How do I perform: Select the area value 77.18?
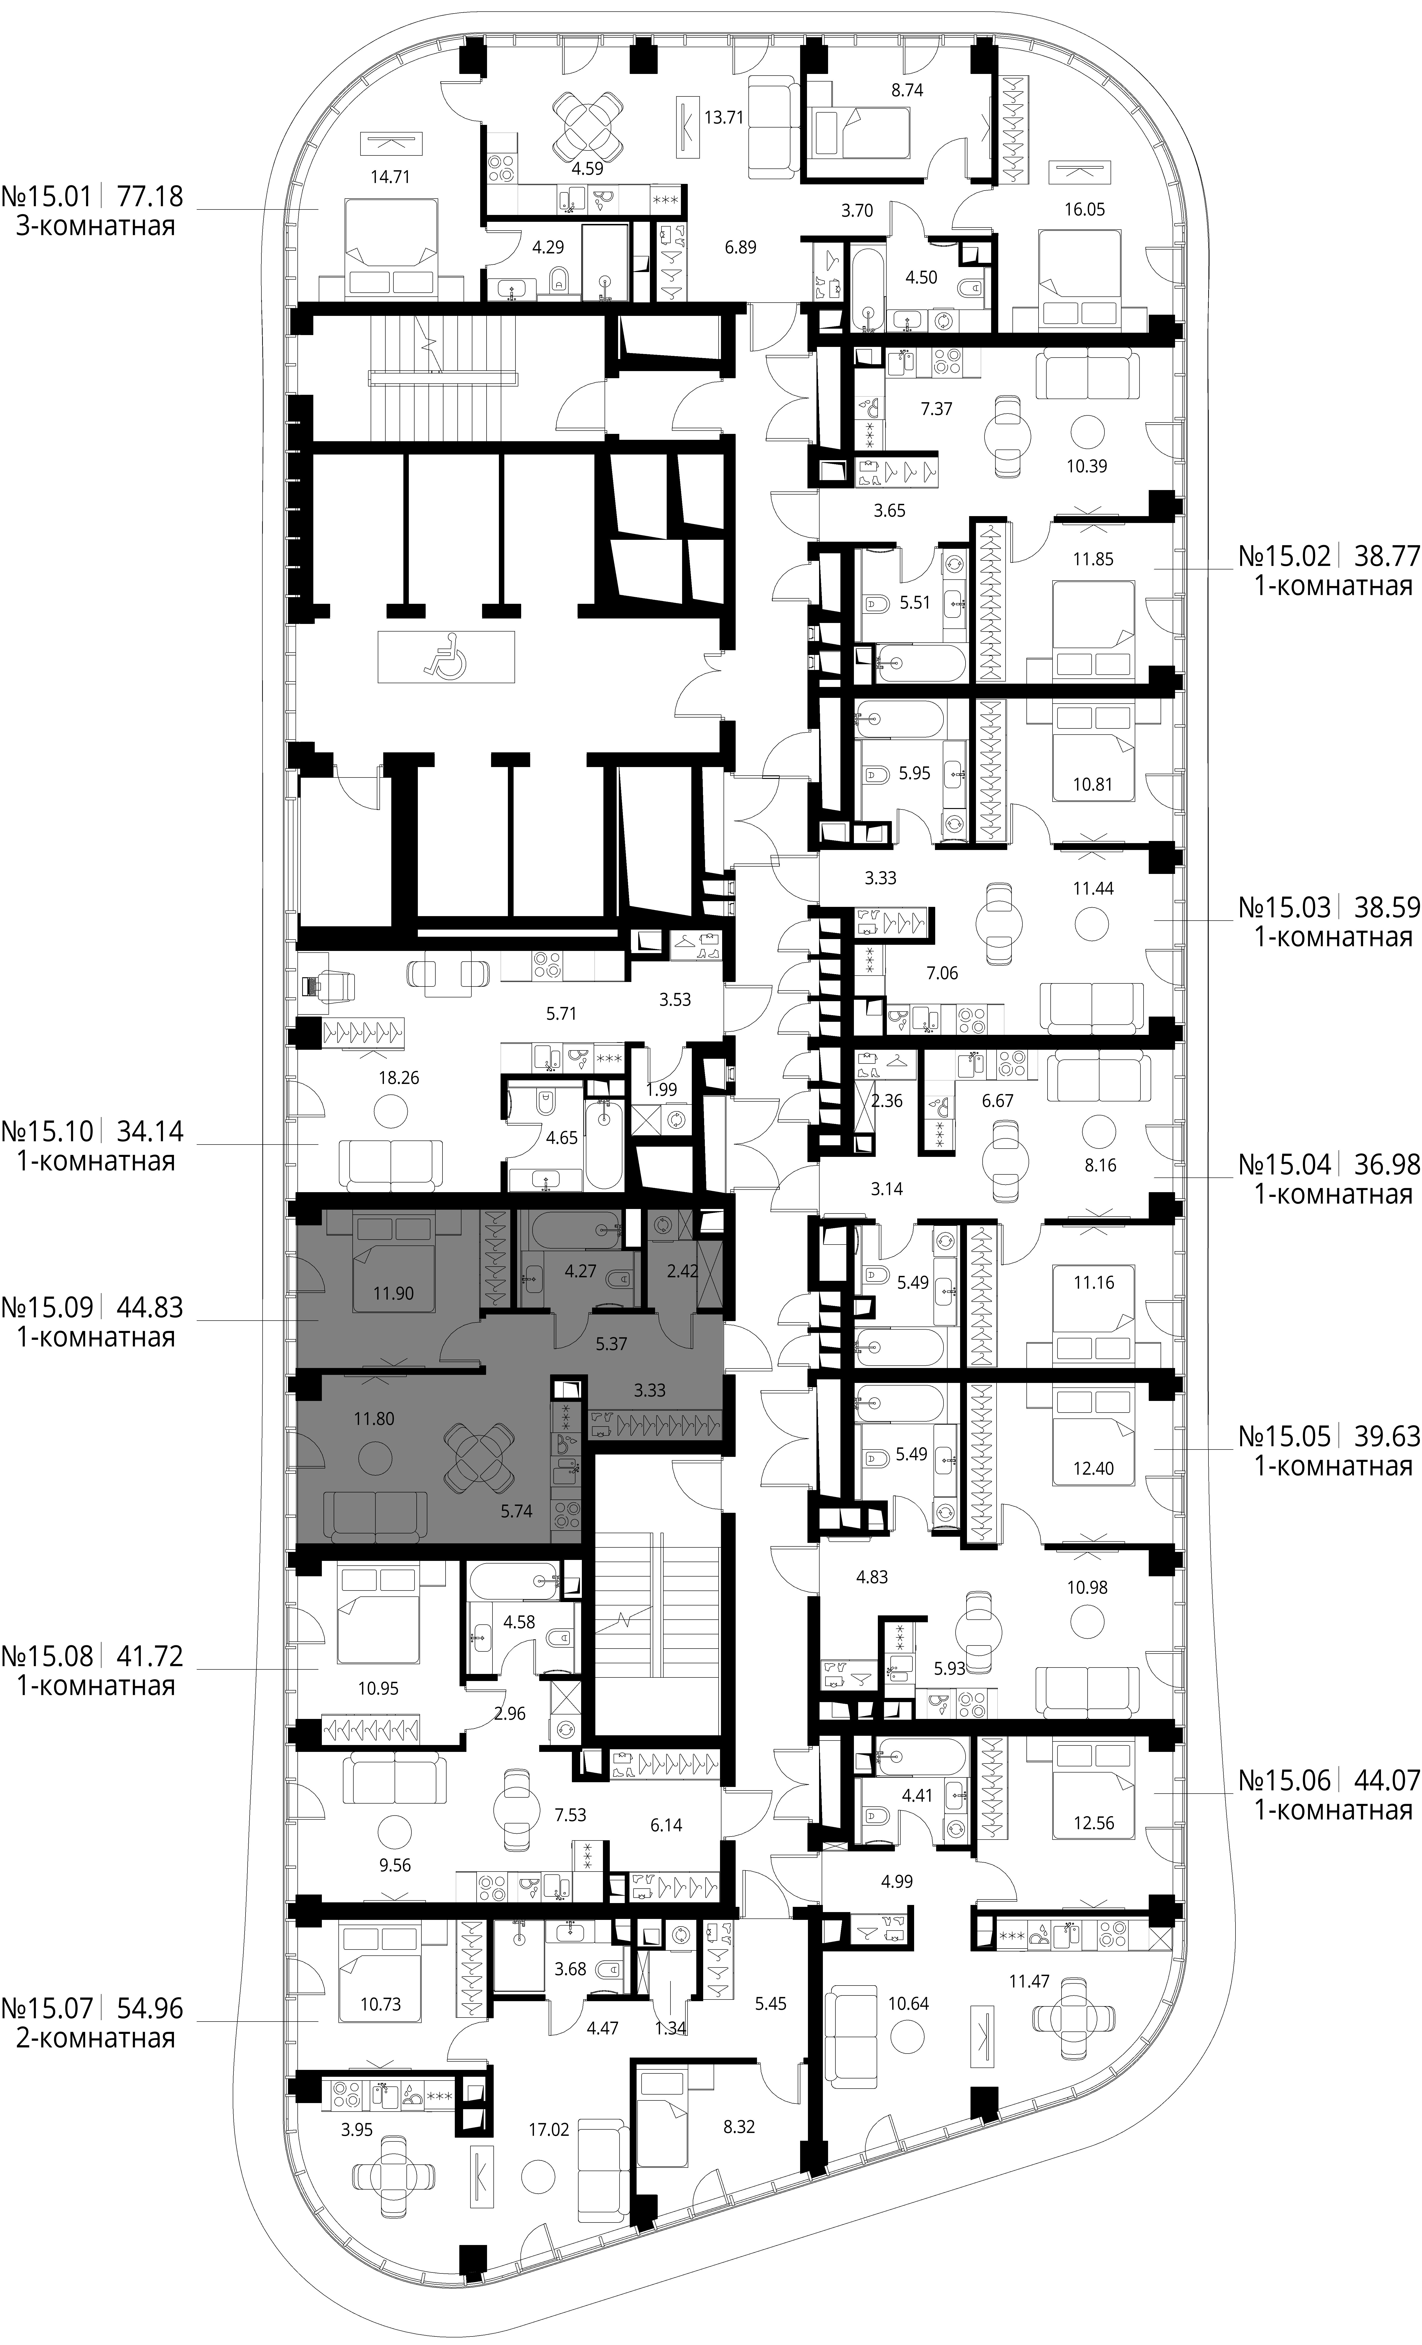point(150,197)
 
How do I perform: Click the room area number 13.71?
point(723,118)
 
